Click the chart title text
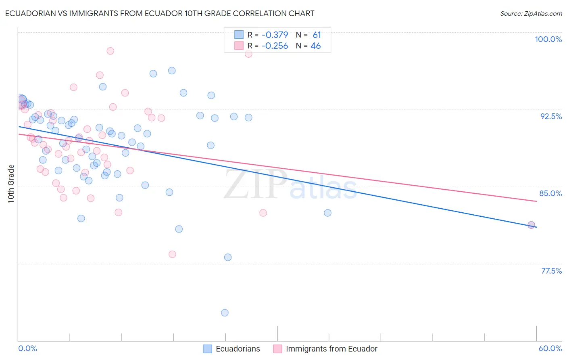click(x=160, y=13)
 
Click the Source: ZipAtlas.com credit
click(x=531, y=13)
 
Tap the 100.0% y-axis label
click(x=548, y=39)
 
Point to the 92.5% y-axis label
click(x=551, y=116)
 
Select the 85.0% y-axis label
click(x=550, y=193)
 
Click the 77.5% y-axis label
click(x=551, y=271)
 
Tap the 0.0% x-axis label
click(x=28, y=348)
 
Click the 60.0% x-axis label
click(x=550, y=348)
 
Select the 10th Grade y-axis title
click(x=11, y=184)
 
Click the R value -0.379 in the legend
click(x=275, y=35)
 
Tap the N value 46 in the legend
click(x=316, y=46)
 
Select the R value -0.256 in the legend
click(x=275, y=46)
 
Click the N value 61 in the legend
click(x=317, y=35)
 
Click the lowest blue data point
click(x=225, y=313)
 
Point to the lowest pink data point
click(x=172, y=254)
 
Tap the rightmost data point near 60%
click(x=531, y=225)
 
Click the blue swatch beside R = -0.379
click(x=239, y=35)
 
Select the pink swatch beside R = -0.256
click(x=239, y=46)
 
